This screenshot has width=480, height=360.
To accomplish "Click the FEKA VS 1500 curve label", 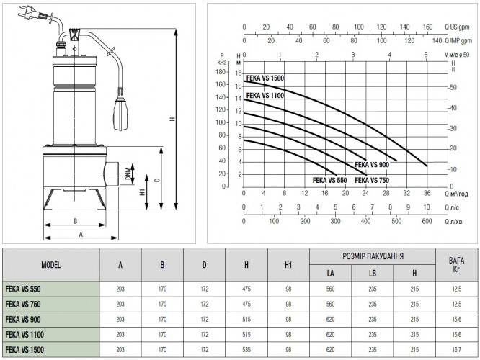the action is pyautogui.click(x=265, y=78).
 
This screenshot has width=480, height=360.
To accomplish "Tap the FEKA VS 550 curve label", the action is pyautogui.click(x=329, y=180).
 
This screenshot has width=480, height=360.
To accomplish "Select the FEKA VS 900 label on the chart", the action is pyautogui.click(x=372, y=165).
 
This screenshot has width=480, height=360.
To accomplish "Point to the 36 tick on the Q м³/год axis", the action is pyautogui.click(x=427, y=193).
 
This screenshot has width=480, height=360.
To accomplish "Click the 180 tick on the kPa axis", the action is pyautogui.click(x=221, y=72).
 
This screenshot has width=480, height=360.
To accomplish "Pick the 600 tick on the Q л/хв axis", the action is pyautogui.click(x=427, y=221).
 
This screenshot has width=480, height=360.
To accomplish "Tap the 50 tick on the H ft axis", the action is pyautogui.click(x=453, y=87).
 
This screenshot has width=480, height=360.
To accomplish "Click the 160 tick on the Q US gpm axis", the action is pyautogui.click(x=427, y=27).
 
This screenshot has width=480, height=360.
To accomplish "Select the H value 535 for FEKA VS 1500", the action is pyautogui.click(x=246, y=350).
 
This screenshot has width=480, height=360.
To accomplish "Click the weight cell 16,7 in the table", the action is pyautogui.click(x=457, y=350).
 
